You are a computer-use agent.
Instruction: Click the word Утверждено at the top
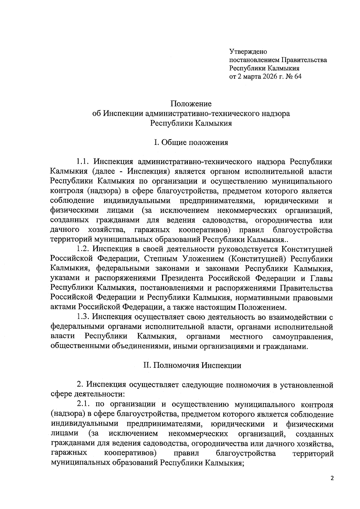pyautogui.click(x=248, y=52)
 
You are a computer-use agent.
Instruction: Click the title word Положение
pyautogui.click(x=191, y=104)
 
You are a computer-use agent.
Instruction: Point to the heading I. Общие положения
pyautogui.click(x=191, y=142)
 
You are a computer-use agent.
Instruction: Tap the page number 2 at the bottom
pyautogui.click(x=332, y=478)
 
